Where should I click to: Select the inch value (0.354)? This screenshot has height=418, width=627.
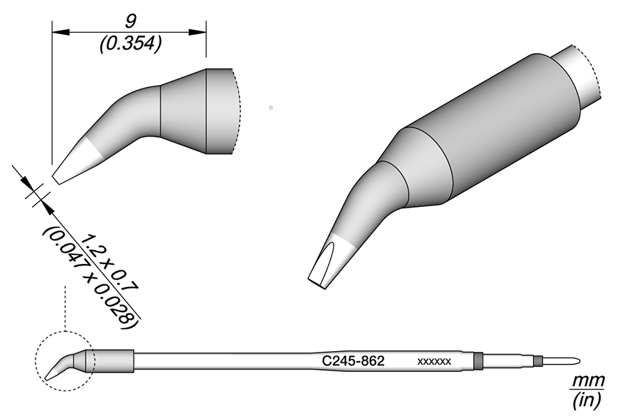pyautogui.click(x=131, y=44)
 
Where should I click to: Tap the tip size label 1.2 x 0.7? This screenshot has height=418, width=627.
pyautogui.click(x=109, y=263)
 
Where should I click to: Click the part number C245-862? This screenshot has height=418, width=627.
pyautogui.click(x=353, y=361)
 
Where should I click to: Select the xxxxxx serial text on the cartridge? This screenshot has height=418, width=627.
pyautogui.click(x=434, y=362)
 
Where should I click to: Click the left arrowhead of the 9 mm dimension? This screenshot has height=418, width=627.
pyautogui.click(x=61, y=32)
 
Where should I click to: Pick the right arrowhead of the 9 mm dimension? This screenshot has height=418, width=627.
pyautogui.click(x=198, y=32)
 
